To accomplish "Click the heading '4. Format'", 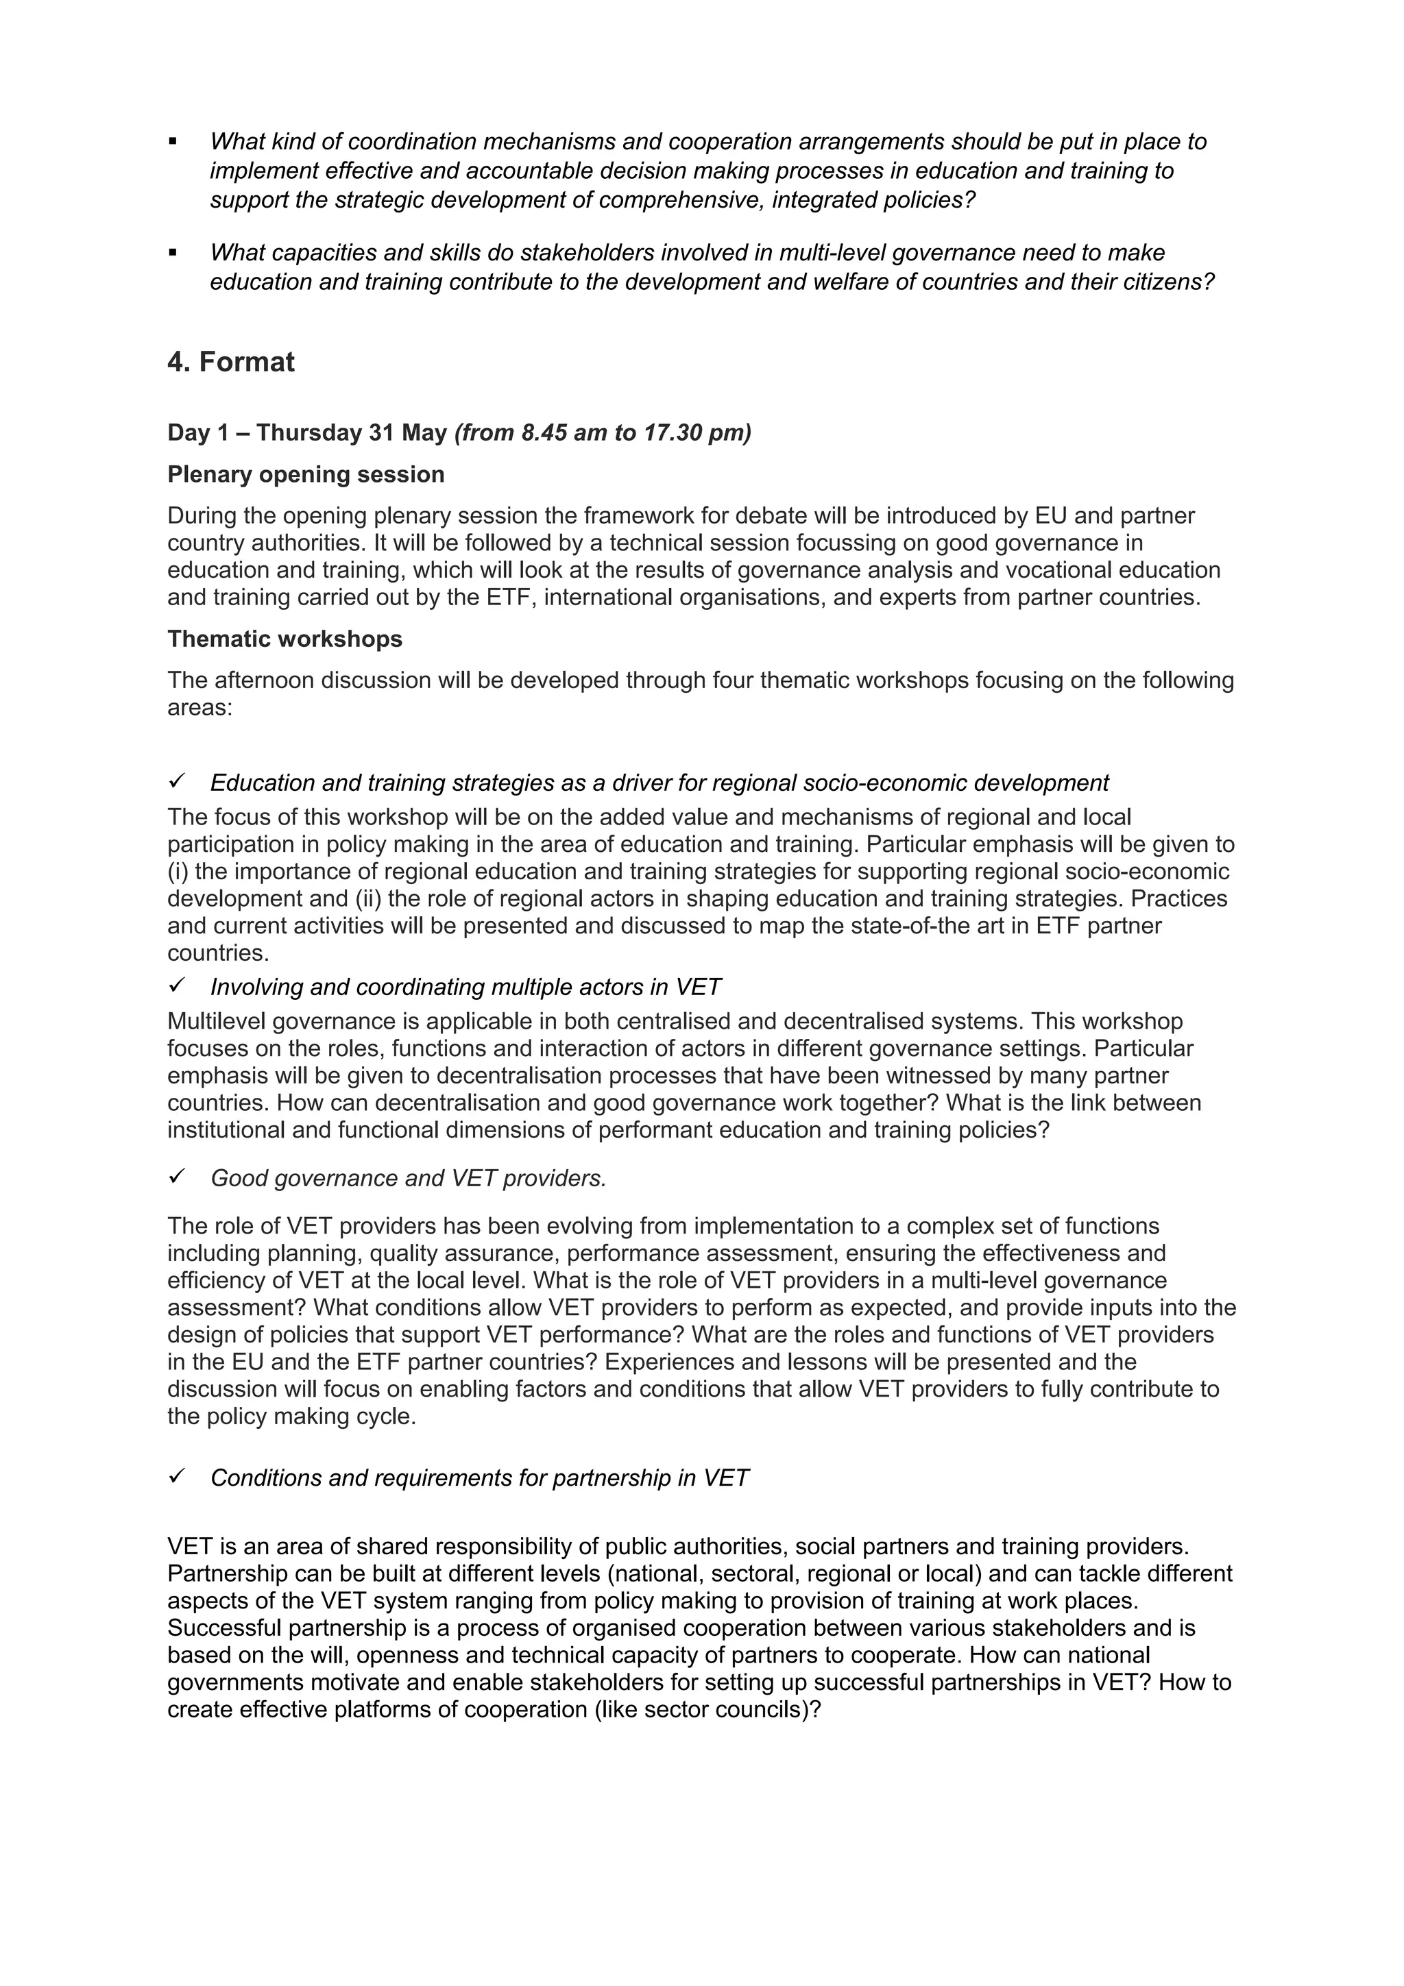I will point(230,362).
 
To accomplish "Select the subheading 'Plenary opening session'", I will point(305,474).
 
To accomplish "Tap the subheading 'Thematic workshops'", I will point(285,639).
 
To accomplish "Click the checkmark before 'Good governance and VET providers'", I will point(175,1177).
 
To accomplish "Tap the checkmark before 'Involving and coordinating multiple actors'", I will point(175,985).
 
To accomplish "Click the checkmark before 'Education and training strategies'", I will point(175,781).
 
